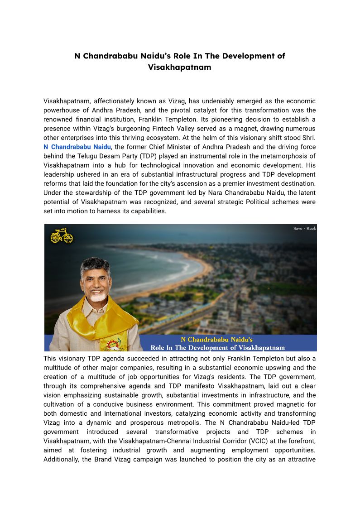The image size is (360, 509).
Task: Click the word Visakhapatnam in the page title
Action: pyautogui.click(x=179, y=67)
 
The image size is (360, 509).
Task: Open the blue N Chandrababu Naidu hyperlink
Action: pyautogui.click(x=77, y=147)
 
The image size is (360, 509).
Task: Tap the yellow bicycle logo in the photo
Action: pyautogui.click(x=62, y=236)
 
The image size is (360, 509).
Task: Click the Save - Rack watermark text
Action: pyautogui.click(x=304, y=228)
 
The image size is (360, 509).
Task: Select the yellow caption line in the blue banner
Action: pyautogui.click(x=216, y=339)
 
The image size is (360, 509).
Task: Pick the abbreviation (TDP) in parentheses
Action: pyautogui.click(x=149, y=156)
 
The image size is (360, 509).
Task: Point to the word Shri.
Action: pyautogui.click(x=308, y=138)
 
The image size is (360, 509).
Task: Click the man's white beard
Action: pyautogui.click(x=98, y=296)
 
